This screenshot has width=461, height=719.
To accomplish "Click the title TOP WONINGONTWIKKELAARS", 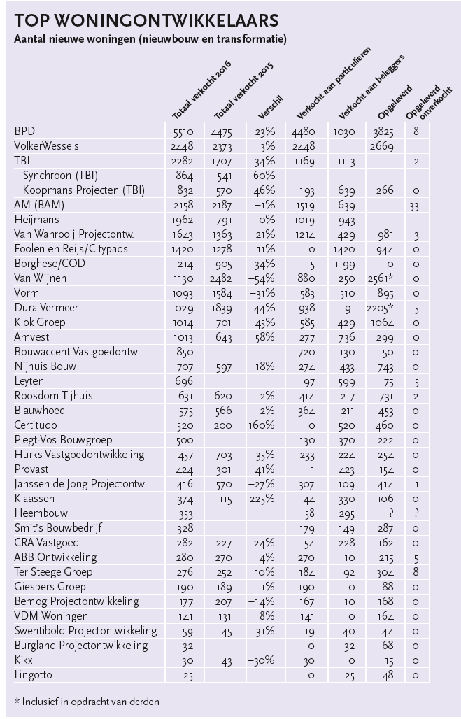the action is click(x=146, y=21).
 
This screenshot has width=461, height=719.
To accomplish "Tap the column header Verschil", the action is click(x=271, y=107).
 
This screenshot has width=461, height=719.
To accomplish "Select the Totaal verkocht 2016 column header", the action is click(x=202, y=90).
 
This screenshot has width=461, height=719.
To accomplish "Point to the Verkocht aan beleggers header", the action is click(x=372, y=87).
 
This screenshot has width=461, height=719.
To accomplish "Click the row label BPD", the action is click(x=24, y=131).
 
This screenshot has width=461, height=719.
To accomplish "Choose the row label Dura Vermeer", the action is click(x=46, y=307).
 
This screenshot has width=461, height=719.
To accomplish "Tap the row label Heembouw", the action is click(x=41, y=513).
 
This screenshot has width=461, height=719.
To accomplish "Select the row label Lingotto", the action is click(x=33, y=674).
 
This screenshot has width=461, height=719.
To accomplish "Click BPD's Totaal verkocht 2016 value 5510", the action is click(x=183, y=132).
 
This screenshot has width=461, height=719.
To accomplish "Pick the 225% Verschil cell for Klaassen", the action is click(x=262, y=499).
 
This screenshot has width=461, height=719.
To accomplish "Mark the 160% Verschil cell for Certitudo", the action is click(x=262, y=425).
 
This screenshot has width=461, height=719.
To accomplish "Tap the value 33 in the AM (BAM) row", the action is click(x=413, y=206).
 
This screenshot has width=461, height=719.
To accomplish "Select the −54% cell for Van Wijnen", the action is click(x=261, y=278).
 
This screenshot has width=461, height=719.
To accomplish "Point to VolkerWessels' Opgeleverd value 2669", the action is click(x=382, y=147).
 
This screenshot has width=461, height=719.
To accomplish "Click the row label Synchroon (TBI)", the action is click(x=60, y=175).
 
